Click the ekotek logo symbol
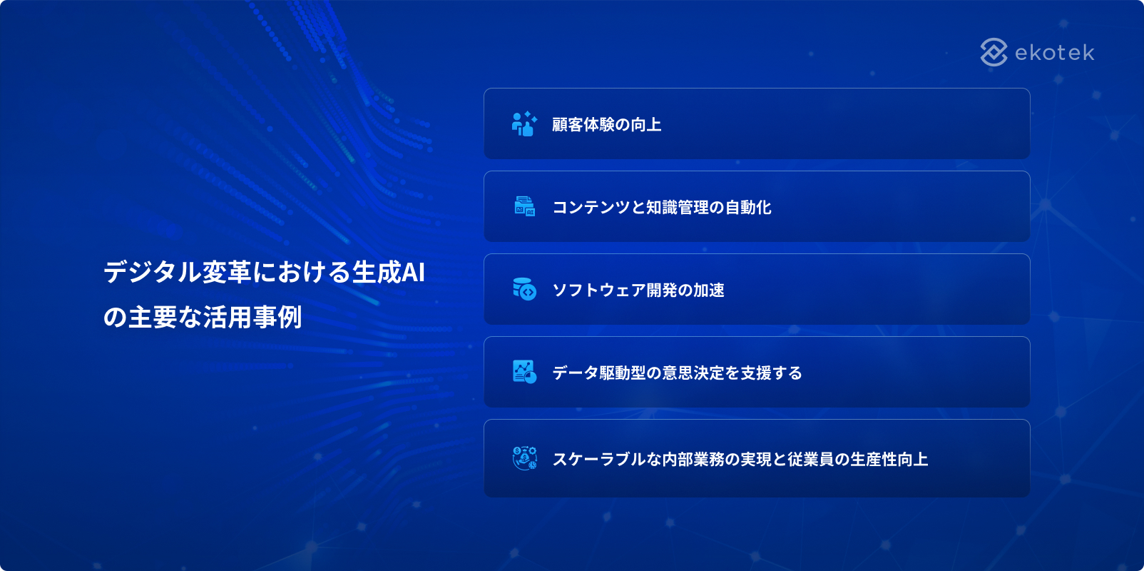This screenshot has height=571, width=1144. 994,52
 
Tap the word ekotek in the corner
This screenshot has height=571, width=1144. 1055,53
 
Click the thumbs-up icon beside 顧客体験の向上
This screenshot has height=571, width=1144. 524,123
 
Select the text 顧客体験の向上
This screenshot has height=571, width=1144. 607,125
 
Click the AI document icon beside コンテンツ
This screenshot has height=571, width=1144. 524,206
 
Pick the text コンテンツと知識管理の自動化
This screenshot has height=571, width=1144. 662,208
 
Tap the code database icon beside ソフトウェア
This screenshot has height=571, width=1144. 524,289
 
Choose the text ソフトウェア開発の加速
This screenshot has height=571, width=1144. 638,290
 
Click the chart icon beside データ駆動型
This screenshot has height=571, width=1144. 524,372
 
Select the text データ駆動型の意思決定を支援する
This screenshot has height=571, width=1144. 678,373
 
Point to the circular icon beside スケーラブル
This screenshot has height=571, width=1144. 524,458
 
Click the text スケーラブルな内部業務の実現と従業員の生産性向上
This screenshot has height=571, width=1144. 740,460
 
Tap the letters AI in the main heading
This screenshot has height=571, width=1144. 413,272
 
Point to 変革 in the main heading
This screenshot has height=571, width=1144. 227,272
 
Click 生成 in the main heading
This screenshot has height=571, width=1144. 377,272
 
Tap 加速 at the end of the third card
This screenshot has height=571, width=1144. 709,290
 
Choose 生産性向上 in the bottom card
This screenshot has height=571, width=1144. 889,460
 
